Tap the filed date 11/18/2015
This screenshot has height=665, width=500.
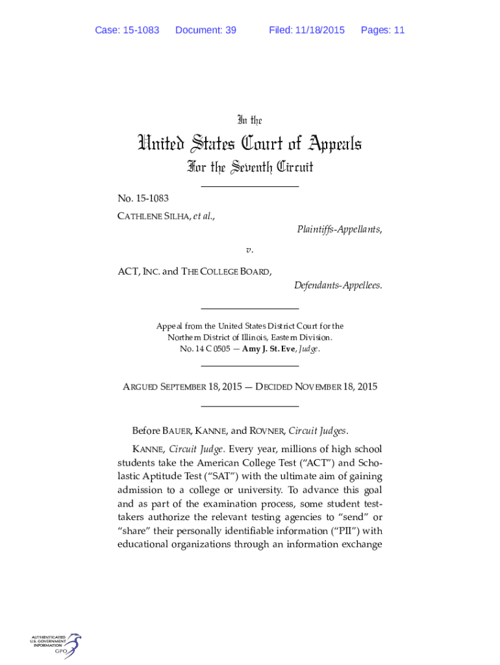pyautogui.click(x=319, y=30)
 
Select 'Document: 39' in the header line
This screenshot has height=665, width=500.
pyautogui.click(x=206, y=30)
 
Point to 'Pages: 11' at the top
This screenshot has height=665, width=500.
pyautogui.click(x=382, y=30)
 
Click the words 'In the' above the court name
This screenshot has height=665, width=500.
pyautogui.click(x=249, y=120)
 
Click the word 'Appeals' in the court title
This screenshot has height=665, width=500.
pyautogui.click(x=329, y=144)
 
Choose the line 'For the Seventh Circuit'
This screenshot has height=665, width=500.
pyautogui.click(x=249, y=168)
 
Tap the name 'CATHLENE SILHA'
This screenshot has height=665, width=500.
pyautogui.click(x=151, y=216)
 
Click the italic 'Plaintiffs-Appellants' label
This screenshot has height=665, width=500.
pyautogui.click(x=339, y=229)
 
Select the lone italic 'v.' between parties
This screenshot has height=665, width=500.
pyautogui.click(x=249, y=250)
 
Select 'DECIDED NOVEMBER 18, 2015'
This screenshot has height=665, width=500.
pyautogui.click(x=316, y=387)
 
